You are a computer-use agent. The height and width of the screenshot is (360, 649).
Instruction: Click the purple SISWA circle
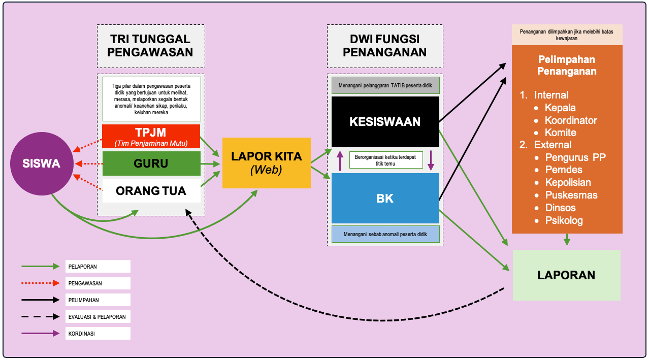point(41,163)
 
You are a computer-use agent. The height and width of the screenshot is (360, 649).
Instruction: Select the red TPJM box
point(151,136)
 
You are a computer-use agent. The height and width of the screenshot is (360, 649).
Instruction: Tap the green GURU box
point(151,164)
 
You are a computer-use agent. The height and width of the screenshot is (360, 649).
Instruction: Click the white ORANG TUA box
point(151,191)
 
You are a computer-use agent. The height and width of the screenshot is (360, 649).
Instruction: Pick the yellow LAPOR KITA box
point(266,162)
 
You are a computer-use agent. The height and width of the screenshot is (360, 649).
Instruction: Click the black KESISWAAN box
point(385,122)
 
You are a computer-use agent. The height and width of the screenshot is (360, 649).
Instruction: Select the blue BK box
point(385,198)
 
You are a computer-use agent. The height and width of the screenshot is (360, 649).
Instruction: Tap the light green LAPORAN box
point(566,275)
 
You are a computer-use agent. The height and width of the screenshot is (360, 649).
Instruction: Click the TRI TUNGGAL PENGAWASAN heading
point(151,46)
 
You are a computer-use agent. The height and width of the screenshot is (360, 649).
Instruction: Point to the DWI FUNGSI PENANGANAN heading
point(384,46)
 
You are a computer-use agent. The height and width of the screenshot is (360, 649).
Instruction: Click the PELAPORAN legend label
point(82,266)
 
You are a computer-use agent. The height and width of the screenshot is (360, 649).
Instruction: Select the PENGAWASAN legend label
point(84,283)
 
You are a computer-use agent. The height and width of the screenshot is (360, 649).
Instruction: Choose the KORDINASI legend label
point(81,334)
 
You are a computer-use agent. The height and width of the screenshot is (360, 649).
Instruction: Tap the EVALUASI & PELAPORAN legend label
point(96,317)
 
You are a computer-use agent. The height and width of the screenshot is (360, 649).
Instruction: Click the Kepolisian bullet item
point(568,182)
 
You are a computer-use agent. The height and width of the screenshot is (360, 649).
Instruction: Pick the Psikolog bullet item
point(564,220)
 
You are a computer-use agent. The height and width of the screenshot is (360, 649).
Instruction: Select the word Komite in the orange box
point(561,133)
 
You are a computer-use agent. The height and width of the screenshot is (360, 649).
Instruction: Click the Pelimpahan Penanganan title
point(567,65)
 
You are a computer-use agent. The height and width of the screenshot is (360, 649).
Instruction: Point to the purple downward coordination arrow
point(431,160)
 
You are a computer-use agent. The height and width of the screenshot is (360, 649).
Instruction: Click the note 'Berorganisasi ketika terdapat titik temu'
point(385,160)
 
